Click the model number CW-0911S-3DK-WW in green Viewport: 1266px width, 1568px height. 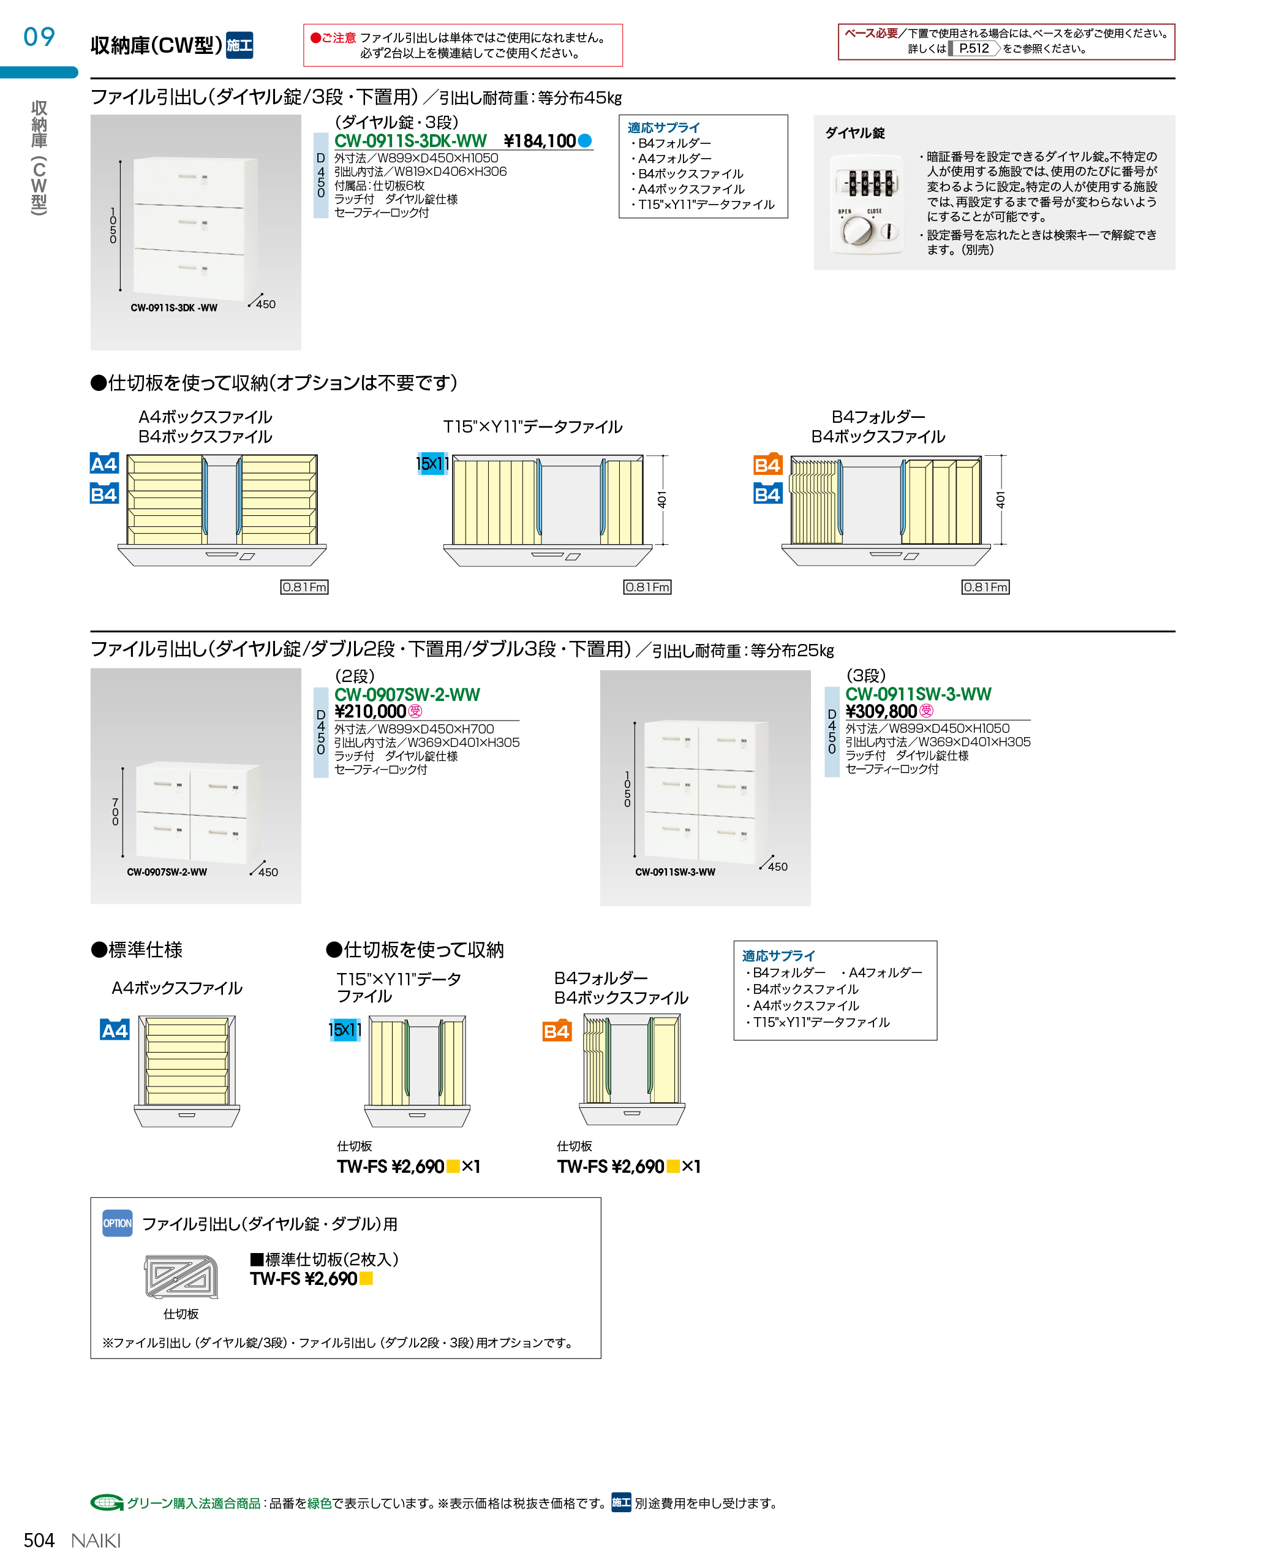(x=410, y=141)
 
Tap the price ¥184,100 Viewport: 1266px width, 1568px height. (x=540, y=141)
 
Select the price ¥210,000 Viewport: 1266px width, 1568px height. (x=370, y=711)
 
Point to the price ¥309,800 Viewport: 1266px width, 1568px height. (x=881, y=711)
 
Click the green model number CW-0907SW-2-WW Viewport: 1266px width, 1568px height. (x=407, y=695)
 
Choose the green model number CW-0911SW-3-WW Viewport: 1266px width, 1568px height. (x=918, y=694)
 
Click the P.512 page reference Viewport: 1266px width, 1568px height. (x=974, y=48)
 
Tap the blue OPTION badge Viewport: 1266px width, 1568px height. (x=118, y=1224)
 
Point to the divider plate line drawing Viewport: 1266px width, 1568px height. (x=181, y=1276)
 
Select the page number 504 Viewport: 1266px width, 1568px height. (x=39, y=1540)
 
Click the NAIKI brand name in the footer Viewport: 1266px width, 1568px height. (x=96, y=1540)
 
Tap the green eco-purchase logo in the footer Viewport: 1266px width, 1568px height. (x=107, y=1502)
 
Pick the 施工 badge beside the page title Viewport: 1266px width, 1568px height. (x=239, y=45)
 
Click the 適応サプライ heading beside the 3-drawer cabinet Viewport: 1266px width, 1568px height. (x=664, y=127)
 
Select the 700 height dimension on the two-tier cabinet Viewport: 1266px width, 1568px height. (x=115, y=812)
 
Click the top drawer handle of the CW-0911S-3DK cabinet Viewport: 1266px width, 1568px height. (x=188, y=177)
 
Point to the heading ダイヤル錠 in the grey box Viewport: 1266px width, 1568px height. (x=854, y=133)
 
